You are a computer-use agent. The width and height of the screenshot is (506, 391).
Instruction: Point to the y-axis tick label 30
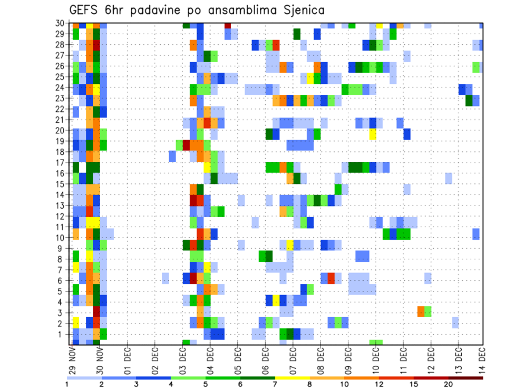tap(61, 23)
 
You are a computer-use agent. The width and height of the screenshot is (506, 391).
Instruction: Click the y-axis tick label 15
tap(61, 184)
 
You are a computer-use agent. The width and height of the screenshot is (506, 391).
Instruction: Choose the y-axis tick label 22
tap(61, 109)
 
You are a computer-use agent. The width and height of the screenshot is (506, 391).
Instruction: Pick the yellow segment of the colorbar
tap(292, 378)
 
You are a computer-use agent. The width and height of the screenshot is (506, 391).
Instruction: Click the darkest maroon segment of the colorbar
tap(466, 378)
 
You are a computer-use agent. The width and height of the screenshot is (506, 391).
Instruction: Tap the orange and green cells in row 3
tap(424, 311)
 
